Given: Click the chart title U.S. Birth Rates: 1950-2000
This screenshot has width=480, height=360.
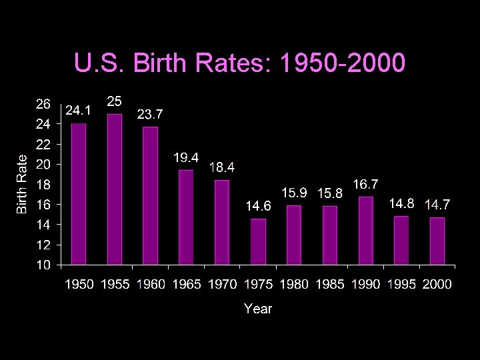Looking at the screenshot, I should [239, 64].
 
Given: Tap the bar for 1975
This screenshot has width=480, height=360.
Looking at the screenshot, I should [258, 241].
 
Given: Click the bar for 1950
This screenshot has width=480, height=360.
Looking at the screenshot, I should [79, 194].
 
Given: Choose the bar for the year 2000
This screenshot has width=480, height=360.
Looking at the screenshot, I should [437, 241].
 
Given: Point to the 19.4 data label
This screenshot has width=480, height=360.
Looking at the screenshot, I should [186, 158].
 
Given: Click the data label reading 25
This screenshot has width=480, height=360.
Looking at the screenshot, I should [115, 102].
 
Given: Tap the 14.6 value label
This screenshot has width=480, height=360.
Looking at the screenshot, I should [259, 207].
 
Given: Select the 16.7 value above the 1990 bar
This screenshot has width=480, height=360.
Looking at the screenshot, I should [366, 183].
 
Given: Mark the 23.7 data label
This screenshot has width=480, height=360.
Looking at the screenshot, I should [150, 115].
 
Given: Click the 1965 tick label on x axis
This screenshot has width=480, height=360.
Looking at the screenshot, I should [187, 285].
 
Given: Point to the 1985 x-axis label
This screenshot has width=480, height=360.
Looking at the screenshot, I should [330, 285].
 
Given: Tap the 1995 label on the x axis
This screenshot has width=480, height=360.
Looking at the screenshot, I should [401, 285].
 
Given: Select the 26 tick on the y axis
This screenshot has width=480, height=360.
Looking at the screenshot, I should [41, 103].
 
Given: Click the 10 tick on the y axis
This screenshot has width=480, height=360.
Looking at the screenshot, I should [41, 265].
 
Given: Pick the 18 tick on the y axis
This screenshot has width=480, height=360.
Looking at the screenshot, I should [41, 185].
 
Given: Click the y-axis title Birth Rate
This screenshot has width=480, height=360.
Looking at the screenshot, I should [22, 184].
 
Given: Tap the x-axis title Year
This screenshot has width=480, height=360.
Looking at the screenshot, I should [257, 308].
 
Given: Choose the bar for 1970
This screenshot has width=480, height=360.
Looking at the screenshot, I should [222, 222].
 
